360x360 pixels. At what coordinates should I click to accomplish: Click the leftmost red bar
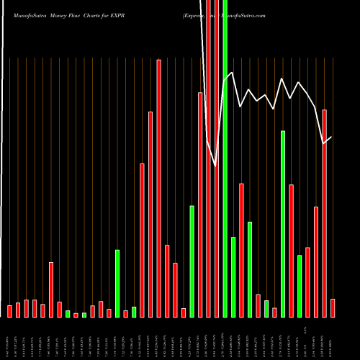(9, 311)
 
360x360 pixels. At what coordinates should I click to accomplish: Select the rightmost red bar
(333, 307)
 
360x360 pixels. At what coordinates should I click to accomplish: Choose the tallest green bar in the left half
(117, 283)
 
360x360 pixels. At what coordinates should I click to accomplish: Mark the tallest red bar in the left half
(159, 187)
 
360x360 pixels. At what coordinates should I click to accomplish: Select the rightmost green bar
(300, 286)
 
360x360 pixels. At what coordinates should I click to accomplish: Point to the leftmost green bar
(68, 314)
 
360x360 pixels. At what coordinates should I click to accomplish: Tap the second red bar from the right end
(325, 212)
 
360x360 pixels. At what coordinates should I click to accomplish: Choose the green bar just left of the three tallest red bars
(192, 261)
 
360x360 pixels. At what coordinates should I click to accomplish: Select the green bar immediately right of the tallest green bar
(233, 276)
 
